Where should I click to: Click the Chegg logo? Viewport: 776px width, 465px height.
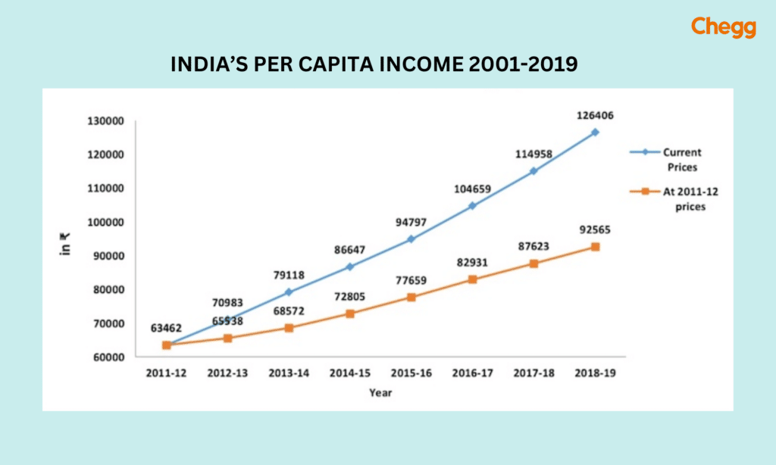coord(723,28)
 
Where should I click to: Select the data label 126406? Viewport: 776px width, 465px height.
coord(595,116)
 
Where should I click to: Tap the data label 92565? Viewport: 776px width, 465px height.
coord(595,230)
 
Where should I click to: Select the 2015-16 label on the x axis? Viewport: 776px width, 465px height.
coord(411,373)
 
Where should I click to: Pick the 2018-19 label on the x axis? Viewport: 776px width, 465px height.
coord(595,373)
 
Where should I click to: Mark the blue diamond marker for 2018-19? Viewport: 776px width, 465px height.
coord(595,132)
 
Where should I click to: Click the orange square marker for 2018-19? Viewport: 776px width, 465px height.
coord(595,247)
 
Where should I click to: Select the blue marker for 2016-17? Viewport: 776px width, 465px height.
coord(472,205)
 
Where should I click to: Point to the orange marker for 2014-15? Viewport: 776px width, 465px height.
coord(349,314)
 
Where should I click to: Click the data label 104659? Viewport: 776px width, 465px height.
coord(472,189)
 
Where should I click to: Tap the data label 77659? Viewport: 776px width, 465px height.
coord(411,281)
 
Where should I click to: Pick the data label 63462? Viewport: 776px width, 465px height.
coord(167,328)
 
